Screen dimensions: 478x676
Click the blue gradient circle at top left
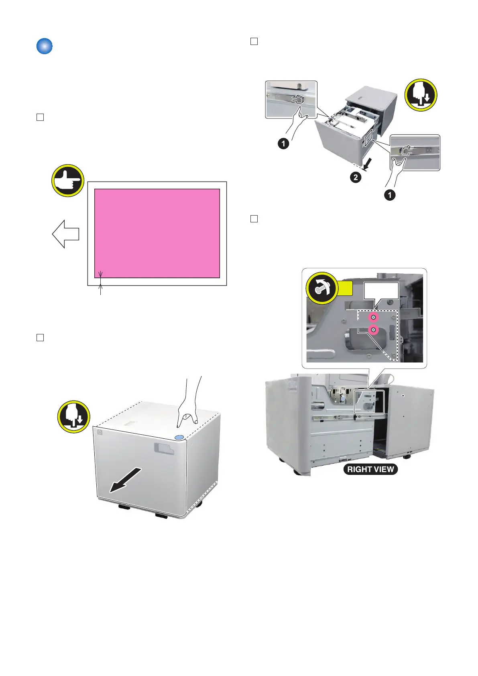pos(45,46)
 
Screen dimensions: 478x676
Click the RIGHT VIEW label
pos(370,469)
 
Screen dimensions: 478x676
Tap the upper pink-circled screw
pos(373,318)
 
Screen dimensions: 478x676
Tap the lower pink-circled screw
pos(373,330)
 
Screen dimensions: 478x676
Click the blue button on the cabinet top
pos(179,437)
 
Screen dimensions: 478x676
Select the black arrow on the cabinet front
pos(126,480)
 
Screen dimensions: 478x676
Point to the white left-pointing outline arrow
pos(65,234)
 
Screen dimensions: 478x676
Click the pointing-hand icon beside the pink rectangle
pos(68,181)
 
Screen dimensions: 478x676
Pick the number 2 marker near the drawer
pos(356,177)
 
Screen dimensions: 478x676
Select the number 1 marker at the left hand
pos(283,143)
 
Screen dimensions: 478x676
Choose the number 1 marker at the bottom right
pos(389,195)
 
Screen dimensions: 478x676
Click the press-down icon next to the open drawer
pos(421,95)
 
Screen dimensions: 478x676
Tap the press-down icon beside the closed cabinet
pos(73,417)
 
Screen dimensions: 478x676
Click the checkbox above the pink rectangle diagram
pos(40,117)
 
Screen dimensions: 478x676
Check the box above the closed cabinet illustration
pos(40,338)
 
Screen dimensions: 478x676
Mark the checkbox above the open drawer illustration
pos(254,41)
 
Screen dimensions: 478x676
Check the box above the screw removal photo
pos(254,219)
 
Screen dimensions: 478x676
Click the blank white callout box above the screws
pos(381,291)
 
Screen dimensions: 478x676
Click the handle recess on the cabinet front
pos(164,449)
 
